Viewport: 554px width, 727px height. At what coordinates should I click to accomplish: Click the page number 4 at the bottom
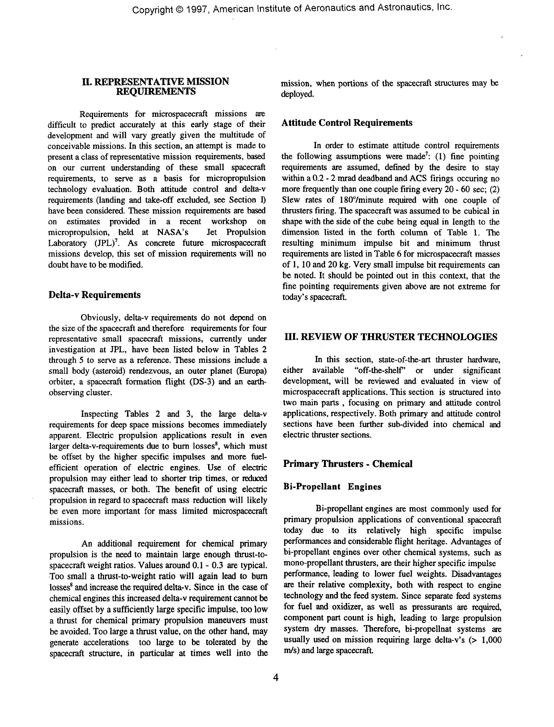[276, 678]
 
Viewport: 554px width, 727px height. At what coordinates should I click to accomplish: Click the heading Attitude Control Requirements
[347, 123]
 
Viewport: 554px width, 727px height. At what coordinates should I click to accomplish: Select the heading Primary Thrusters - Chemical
[348, 464]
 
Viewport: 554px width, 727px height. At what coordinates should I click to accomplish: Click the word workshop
[229, 222]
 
